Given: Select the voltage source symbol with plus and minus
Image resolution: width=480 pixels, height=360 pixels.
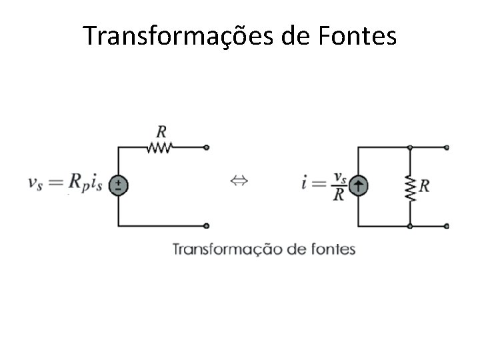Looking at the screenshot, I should tap(118, 185).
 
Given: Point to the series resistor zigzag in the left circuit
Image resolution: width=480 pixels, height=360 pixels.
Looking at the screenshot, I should tap(161, 147).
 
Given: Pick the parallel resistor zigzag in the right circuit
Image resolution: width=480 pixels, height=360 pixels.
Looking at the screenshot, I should tap(410, 186).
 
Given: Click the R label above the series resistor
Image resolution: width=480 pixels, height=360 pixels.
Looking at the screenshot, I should tap(161, 129).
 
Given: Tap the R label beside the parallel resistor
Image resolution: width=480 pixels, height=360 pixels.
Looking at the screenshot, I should tap(425, 186).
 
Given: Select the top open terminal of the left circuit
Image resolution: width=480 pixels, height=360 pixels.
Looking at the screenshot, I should tap(207, 147).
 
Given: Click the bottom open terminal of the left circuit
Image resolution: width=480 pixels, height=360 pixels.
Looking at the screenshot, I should tap(207, 226).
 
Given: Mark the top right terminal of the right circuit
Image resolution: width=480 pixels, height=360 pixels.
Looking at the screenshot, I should tap(447, 147).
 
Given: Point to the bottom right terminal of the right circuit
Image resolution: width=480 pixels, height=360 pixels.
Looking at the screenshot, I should tap(447, 226).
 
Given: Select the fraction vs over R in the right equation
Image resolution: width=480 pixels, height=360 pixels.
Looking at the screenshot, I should tap(339, 185).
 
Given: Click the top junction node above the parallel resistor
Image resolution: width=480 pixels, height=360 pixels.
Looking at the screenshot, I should tap(410, 147).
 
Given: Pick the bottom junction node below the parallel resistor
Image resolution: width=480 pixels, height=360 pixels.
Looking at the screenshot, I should tap(410, 226).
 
